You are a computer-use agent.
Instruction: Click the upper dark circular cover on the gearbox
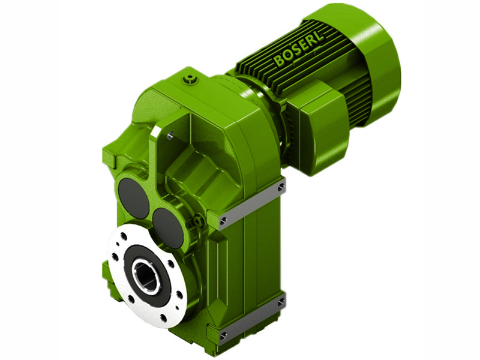pos(133,198)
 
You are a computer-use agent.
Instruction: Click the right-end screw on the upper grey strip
pos(281,188)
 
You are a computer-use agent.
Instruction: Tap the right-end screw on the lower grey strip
pos(281,302)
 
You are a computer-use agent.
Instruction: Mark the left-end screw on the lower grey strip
pos(223,335)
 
